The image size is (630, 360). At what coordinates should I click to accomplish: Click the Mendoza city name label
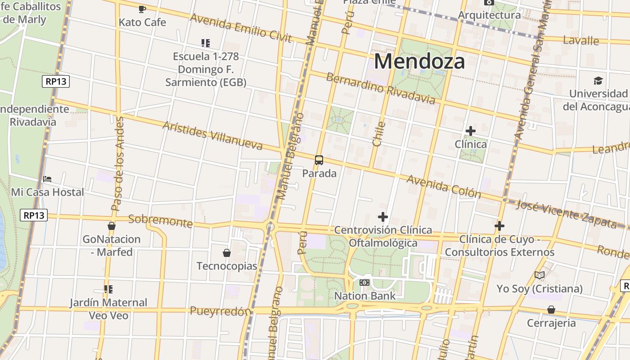419,61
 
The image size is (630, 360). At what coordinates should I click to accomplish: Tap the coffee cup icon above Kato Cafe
142,9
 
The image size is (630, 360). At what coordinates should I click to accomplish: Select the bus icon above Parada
319,160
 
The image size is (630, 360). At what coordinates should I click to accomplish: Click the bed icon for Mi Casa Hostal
47,179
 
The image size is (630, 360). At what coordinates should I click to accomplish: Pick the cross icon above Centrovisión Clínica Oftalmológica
383,217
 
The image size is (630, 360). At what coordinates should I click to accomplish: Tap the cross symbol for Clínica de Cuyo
499,226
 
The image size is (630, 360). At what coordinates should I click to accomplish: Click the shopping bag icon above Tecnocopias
227,253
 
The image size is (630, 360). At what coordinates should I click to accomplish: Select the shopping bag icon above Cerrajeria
551,310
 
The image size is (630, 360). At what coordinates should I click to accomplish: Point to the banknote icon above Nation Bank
364,283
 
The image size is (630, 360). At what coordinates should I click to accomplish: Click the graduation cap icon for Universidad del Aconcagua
598,81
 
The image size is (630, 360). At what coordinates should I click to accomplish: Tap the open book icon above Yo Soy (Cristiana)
540,275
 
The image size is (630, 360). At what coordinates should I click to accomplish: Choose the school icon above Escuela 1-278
206,43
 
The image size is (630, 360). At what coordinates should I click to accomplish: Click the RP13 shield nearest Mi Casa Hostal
34,215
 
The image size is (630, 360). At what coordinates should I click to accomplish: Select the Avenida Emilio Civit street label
241,27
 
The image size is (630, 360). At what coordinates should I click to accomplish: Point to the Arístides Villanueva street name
212,135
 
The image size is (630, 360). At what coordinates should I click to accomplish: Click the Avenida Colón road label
443,186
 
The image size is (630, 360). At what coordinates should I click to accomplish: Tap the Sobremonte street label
160,220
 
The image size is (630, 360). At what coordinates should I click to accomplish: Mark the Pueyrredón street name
220,311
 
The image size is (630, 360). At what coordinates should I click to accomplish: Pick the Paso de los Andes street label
117,164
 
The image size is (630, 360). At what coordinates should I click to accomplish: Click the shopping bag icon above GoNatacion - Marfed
112,226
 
